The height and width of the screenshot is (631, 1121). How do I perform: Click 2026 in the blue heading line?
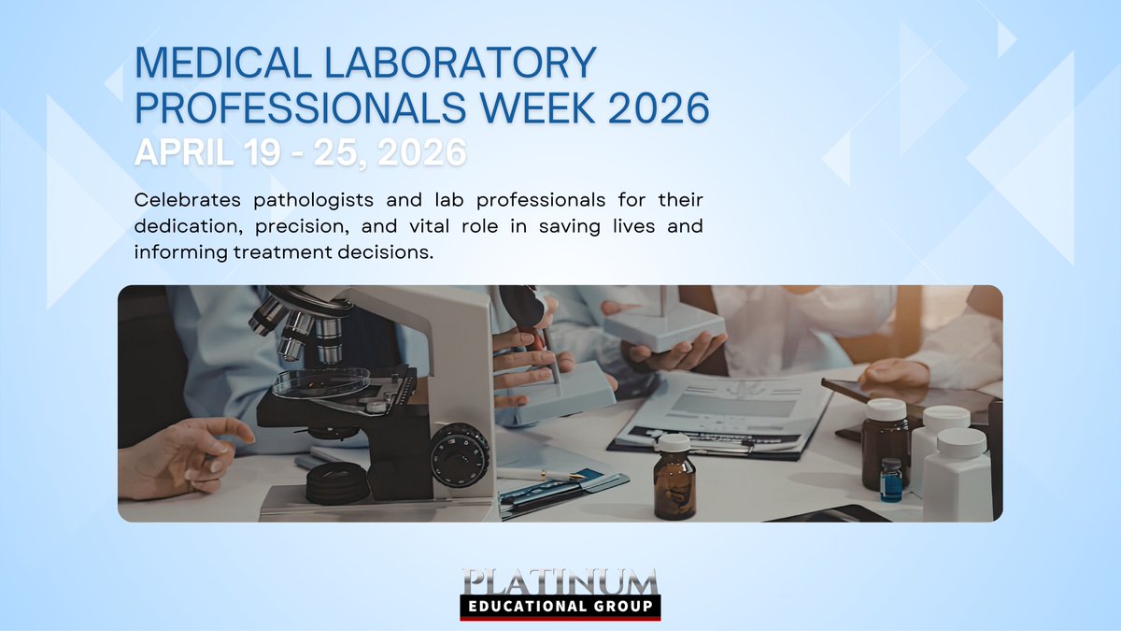(659, 108)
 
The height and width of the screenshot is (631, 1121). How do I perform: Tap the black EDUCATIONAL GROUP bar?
(560, 607)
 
